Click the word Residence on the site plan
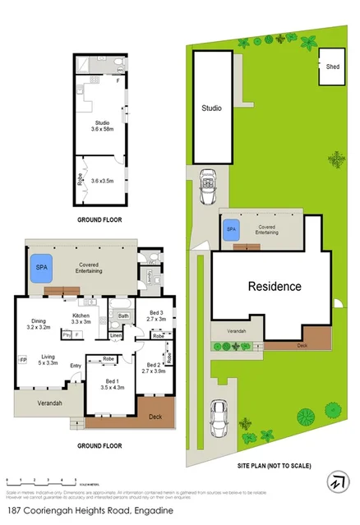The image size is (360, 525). click(275, 287)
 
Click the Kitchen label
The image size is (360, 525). click(81, 317)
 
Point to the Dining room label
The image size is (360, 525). click(39, 323)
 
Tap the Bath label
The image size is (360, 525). click(123, 315)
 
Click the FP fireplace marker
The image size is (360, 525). click(23, 359)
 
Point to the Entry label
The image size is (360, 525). click(76, 366)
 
